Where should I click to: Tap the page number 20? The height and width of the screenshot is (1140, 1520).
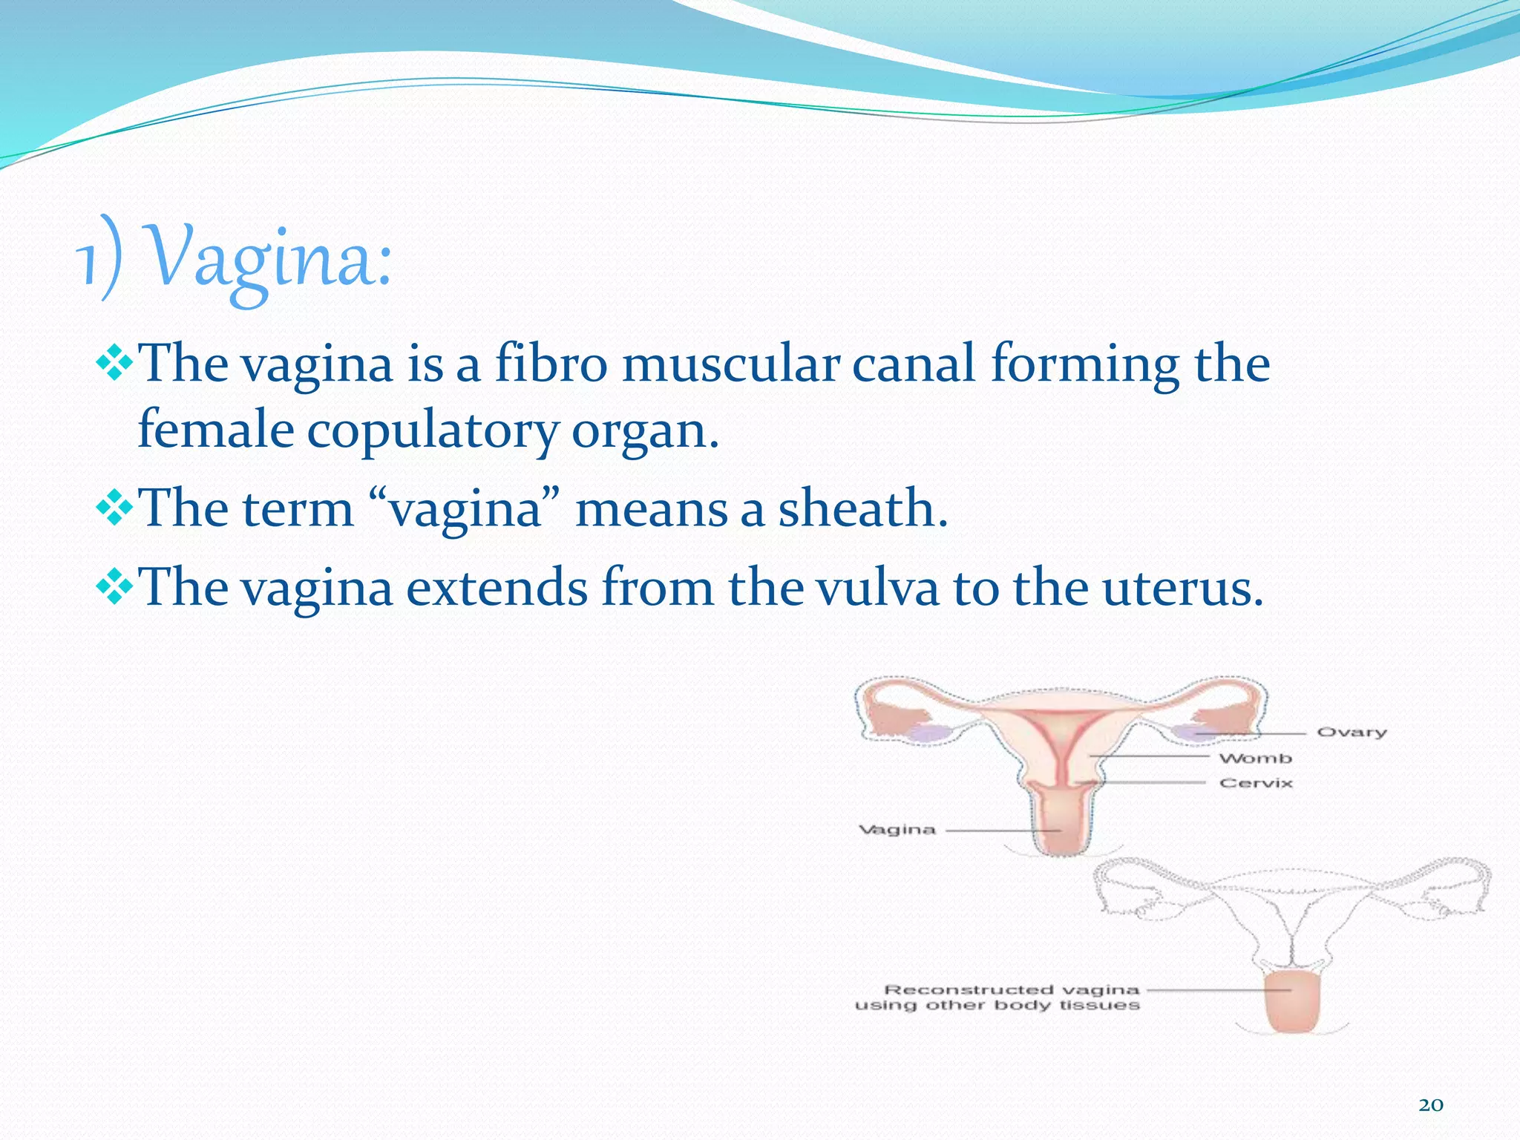(x=1431, y=1105)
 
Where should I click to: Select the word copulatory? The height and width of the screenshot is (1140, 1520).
(x=432, y=430)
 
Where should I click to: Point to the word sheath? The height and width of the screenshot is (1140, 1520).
(x=862, y=509)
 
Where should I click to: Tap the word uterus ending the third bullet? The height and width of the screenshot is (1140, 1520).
(x=1182, y=588)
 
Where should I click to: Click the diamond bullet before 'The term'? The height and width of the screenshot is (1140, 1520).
(x=114, y=509)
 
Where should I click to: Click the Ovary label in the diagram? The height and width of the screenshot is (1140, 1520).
(x=1352, y=733)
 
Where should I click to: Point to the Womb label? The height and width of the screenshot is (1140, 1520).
(x=1255, y=758)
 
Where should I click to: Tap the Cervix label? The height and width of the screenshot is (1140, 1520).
(x=1256, y=783)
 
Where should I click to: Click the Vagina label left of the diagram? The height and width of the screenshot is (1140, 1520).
(x=897, y=830)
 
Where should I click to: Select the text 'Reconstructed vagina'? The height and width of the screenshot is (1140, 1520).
(x=1011, y=989)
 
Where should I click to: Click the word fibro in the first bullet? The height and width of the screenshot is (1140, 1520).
(x=551, y=364)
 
